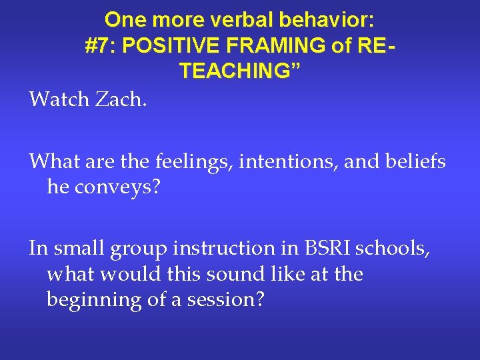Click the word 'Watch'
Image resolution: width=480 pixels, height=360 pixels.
tap(57, 100)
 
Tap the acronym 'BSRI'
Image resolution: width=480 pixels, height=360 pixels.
tap(316, 249)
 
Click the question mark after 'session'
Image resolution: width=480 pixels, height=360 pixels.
tap(260, 300)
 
